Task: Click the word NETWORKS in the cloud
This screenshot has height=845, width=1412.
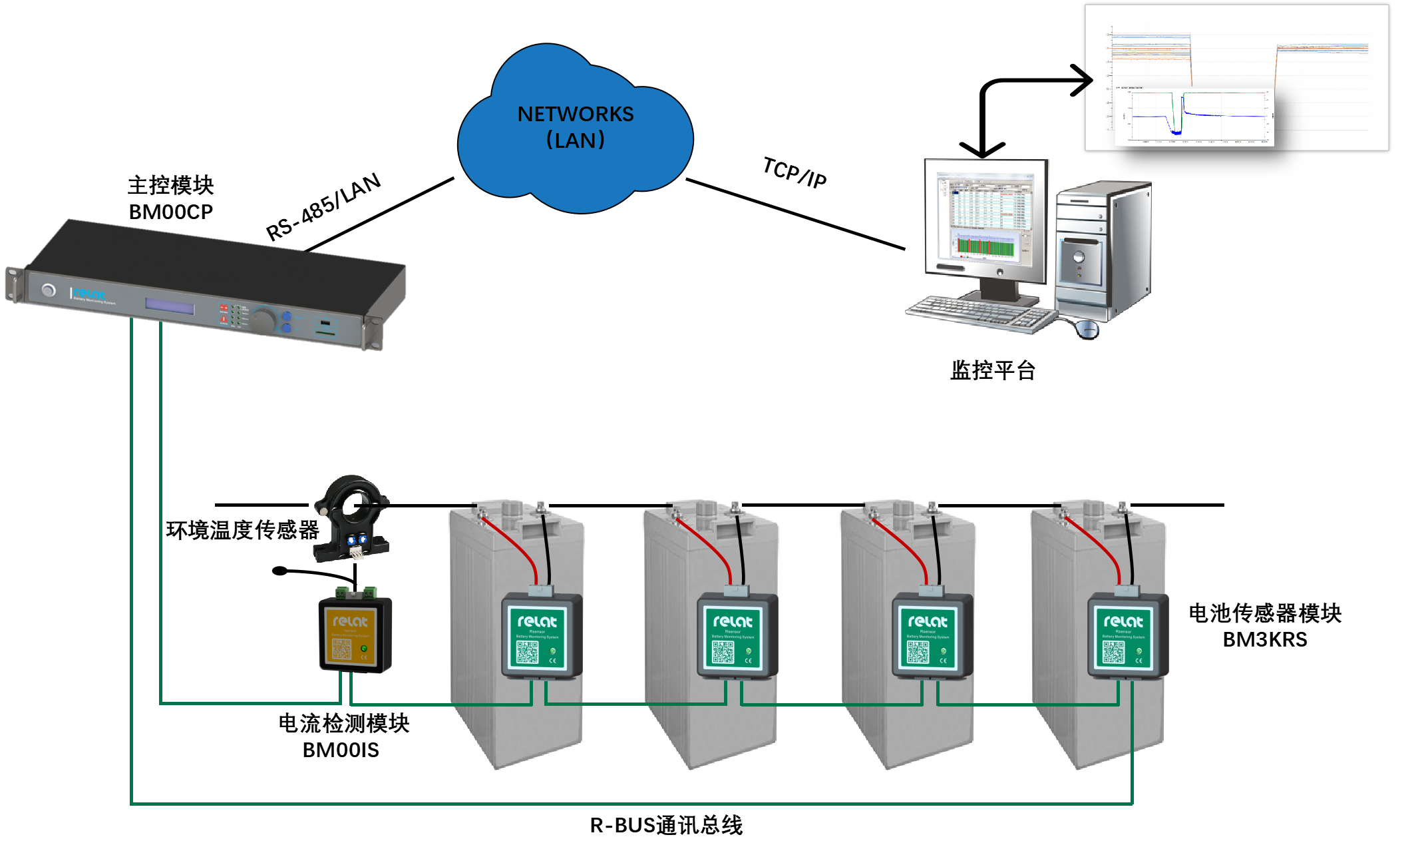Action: [576, 115]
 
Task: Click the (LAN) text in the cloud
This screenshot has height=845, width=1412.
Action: [576, 141]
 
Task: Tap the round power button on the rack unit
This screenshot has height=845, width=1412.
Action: [48, 290]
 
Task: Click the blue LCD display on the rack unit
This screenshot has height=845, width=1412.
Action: [170, 307]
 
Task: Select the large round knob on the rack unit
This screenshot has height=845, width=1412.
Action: [264, 320]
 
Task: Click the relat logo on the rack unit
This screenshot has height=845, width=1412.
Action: [89, 294]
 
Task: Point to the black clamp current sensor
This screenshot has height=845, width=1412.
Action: [351, 517]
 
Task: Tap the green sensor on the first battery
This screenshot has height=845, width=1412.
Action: [538, 636]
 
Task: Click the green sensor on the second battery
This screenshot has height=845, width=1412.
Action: [733, 636]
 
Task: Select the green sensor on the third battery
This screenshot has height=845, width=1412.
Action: [928, 636]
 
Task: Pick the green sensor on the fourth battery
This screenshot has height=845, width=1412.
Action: [1124, 636]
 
